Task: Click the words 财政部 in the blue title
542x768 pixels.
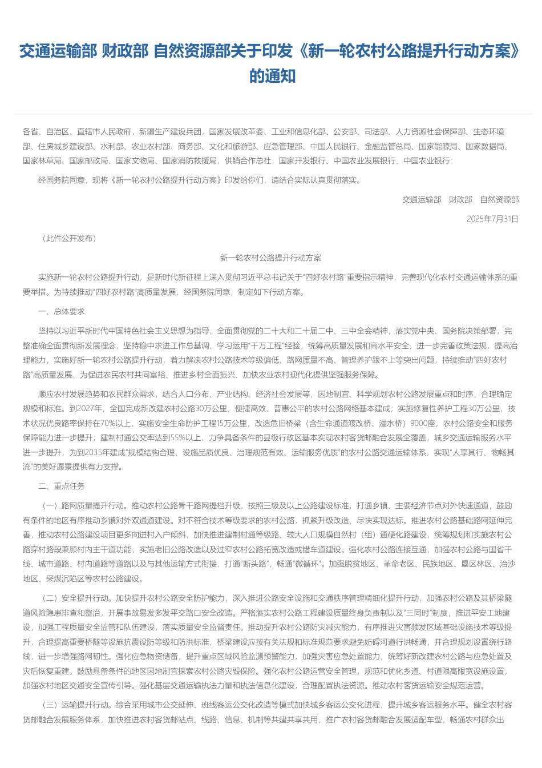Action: tap(125, 51)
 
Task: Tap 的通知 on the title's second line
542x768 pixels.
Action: tap(272, 76)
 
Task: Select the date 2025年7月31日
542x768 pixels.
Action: tap(492, 219)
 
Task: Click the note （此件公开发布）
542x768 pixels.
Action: tap(69, 238)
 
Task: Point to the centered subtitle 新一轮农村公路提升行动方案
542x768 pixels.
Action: tap(270, 258)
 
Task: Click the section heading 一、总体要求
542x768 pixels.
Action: tap(61, 311)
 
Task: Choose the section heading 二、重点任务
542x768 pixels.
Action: tap(61, 486)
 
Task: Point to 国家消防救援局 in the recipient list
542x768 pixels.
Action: tap(189, 160)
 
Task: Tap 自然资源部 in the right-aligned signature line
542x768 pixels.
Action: tap(499, 199)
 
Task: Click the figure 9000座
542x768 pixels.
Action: tap(423, 423)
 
